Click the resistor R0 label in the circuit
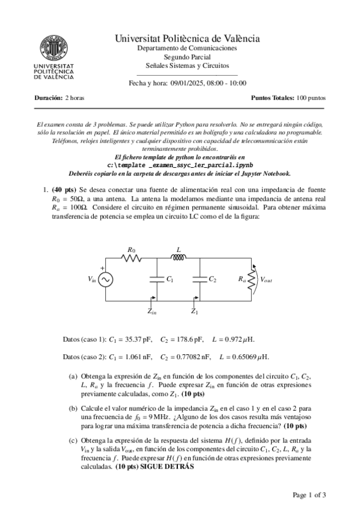point(132,249)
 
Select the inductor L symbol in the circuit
point(178,258)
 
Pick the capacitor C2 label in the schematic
point(212,280)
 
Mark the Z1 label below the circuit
point(194,312)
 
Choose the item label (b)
point(73,408)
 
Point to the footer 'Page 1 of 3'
point(309,495)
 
